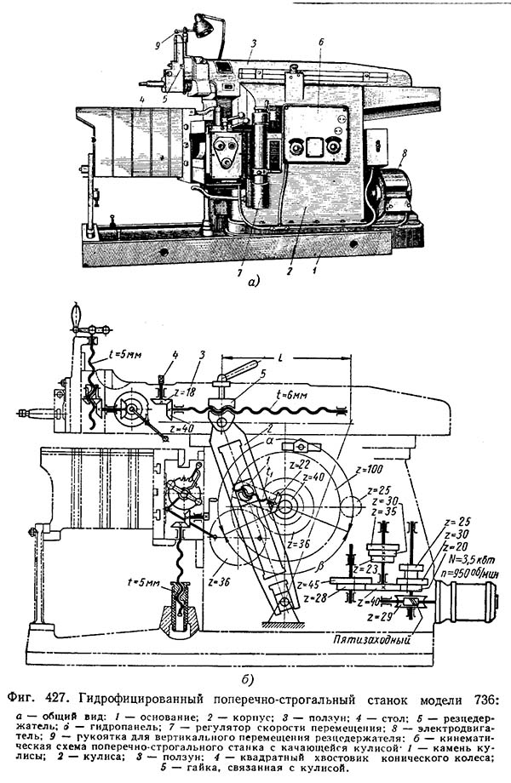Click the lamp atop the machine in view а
pyautogui.click(x=203, y=26)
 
